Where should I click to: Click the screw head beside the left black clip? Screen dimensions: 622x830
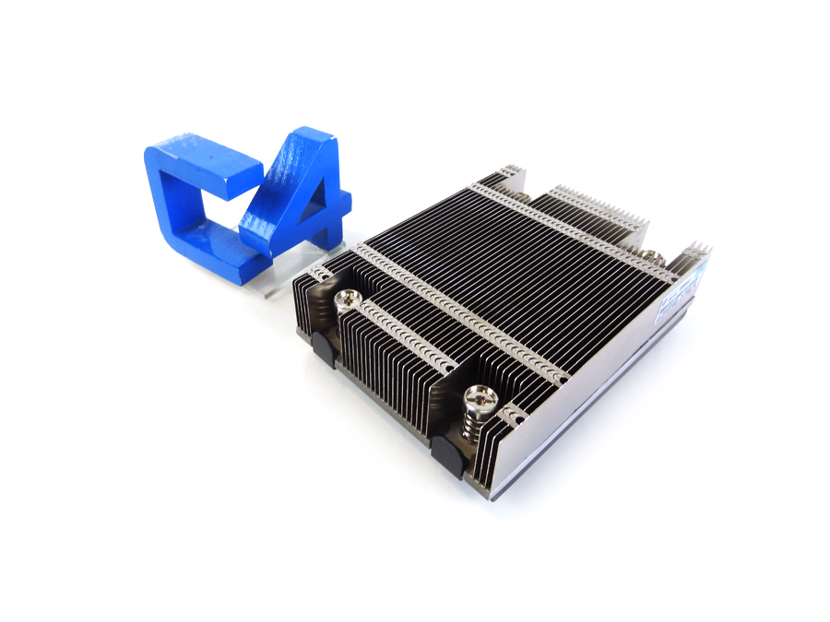[348, 298]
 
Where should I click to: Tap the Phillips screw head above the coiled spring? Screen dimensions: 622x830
[481, 398]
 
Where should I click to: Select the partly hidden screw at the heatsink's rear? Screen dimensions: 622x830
[651, 255]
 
